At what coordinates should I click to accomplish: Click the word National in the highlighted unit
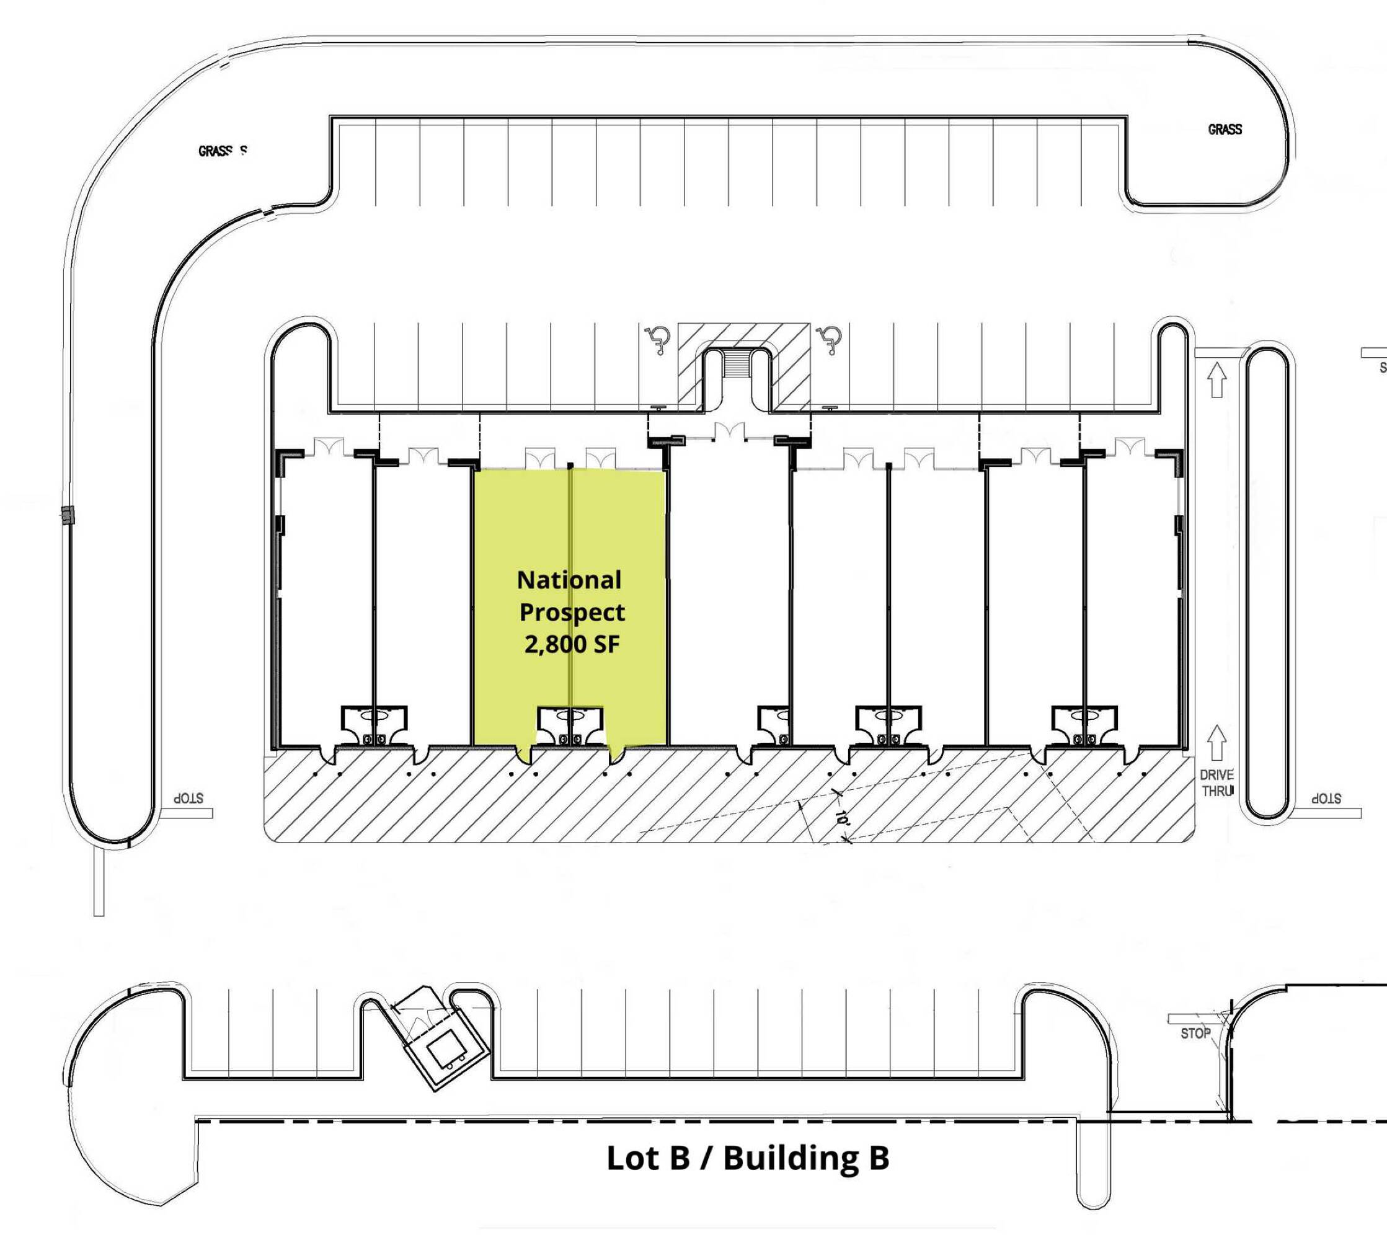(569, 580)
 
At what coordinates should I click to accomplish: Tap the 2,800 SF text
(572, 644)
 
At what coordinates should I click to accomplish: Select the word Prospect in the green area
(572, 612)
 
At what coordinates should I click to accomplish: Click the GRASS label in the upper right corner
(1224, 130)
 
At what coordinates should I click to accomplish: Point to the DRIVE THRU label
(1216, 783)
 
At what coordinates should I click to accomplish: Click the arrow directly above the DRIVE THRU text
(1216, 743)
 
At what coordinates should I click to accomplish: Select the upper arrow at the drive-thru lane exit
(1216, 379)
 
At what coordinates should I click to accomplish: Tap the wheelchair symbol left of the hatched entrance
(658, 339)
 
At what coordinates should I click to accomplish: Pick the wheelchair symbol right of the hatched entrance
(829, 339)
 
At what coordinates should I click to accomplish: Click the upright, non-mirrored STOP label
(1195, 1034)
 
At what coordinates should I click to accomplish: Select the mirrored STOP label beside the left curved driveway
(188, 798)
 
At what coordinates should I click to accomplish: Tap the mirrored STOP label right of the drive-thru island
(1326, 798)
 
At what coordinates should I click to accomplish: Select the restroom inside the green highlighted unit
(570, 725)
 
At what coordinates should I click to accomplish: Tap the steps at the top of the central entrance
(737, 365)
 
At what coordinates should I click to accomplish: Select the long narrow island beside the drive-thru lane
(1267, 583)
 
